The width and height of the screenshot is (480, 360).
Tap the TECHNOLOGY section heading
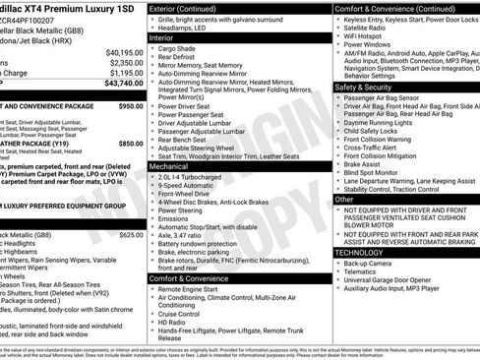click(359, 253)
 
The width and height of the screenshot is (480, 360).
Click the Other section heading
click(344, 199)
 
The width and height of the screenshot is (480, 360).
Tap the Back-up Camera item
click(370, 264)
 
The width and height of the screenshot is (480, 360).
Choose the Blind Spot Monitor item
click(375, 170)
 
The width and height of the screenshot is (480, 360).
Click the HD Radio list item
click(170, 322)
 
